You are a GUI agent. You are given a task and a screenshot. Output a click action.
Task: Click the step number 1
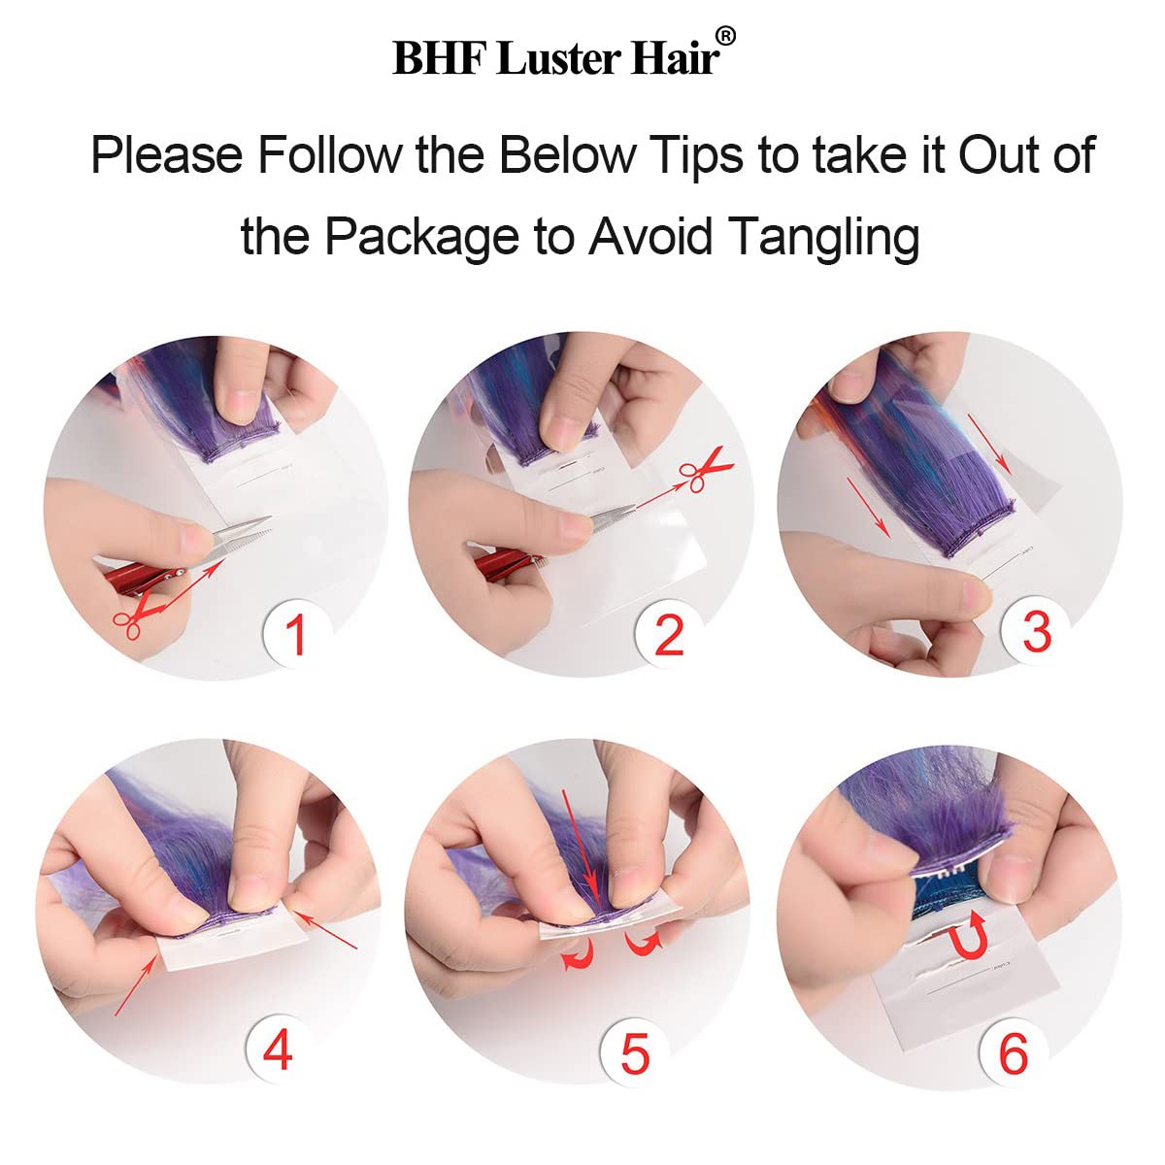point(296,634)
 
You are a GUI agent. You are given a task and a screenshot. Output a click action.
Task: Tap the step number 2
point(669,634)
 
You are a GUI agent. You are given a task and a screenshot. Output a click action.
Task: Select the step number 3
point(1036,631)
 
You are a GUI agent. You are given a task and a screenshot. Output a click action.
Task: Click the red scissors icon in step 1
point(134,615)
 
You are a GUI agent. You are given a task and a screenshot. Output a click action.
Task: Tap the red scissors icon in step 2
point(706,470)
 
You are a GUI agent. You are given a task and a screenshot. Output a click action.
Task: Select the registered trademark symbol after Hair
point(727,36)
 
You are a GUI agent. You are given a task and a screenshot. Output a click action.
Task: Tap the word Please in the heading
point(167,155)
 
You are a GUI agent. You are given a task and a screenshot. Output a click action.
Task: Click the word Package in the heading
point(422,236)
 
